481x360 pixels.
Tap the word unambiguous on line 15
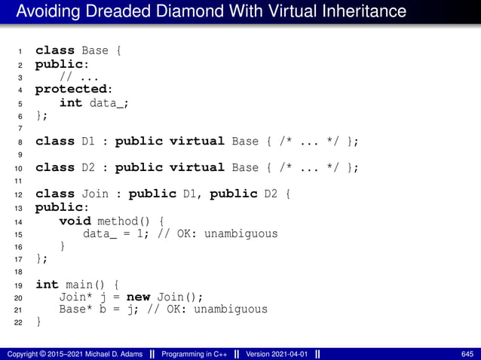tap(243, 233)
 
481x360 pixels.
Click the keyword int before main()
tap(47, 285)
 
